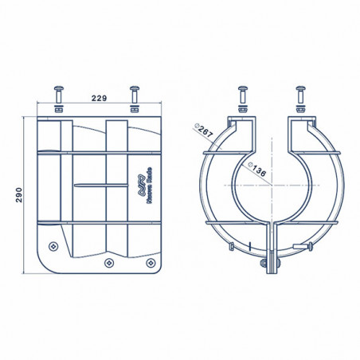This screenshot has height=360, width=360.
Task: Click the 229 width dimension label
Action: (x=100, y=98)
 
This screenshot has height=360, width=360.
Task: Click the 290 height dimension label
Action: (x=18, y=195)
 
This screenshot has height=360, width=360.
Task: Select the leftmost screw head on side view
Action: (x=53, y=245)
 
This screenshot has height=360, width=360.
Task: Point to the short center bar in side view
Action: (x=100, y=185)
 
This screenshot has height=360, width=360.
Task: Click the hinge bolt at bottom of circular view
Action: (x=271, y=259)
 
